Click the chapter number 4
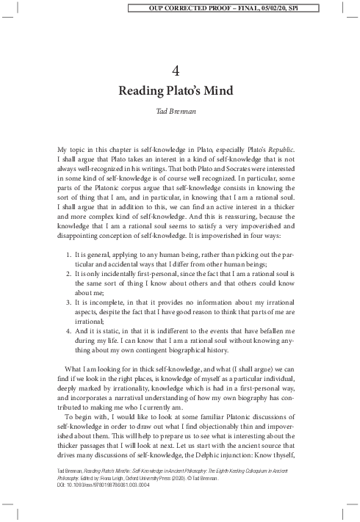click(x=180, y=70)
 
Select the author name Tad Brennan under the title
click(x=179, y=113)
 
